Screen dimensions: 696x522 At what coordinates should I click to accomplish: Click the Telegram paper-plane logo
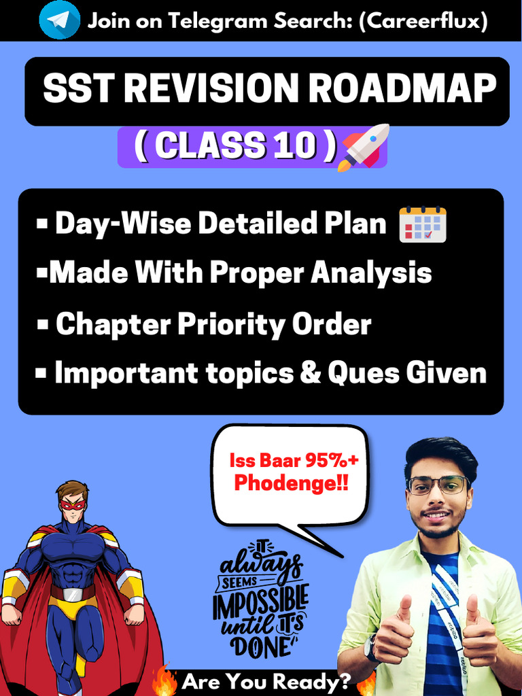point(59,20)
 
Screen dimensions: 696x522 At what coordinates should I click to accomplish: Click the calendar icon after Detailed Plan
point(422,224)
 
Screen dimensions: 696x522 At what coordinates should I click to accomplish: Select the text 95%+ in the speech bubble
point(332,462)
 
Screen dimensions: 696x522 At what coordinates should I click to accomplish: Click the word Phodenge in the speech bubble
point(285,483)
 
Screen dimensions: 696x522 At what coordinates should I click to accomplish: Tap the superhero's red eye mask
point(72,505)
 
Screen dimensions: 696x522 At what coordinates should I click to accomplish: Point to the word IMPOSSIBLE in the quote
point(260,603)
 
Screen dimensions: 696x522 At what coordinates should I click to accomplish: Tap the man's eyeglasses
point(438,485)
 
